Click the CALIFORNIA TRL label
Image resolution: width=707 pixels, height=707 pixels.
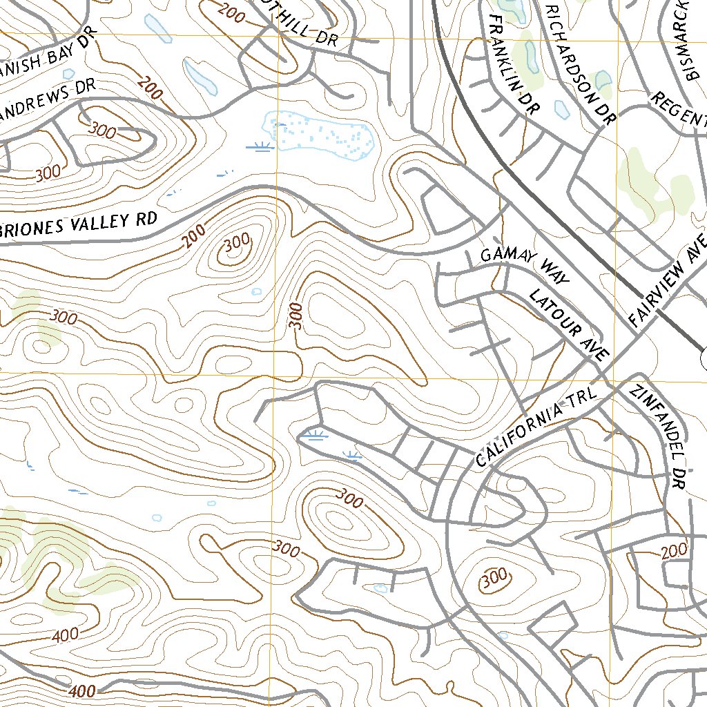(x=536, y=427)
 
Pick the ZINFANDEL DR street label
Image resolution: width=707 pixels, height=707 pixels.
(x=657, y=437)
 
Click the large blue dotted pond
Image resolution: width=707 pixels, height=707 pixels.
(x=320, y=133)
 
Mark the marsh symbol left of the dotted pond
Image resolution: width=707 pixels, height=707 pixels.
(x=260, y=146)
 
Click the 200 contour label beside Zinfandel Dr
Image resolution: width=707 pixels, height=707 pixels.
(x=673, y=550)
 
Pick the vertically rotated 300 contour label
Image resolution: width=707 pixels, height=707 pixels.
(x=296, y=316)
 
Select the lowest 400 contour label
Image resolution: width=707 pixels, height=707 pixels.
(x=82, y=690)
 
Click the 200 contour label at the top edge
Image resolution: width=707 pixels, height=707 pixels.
(x=230, y=12)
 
